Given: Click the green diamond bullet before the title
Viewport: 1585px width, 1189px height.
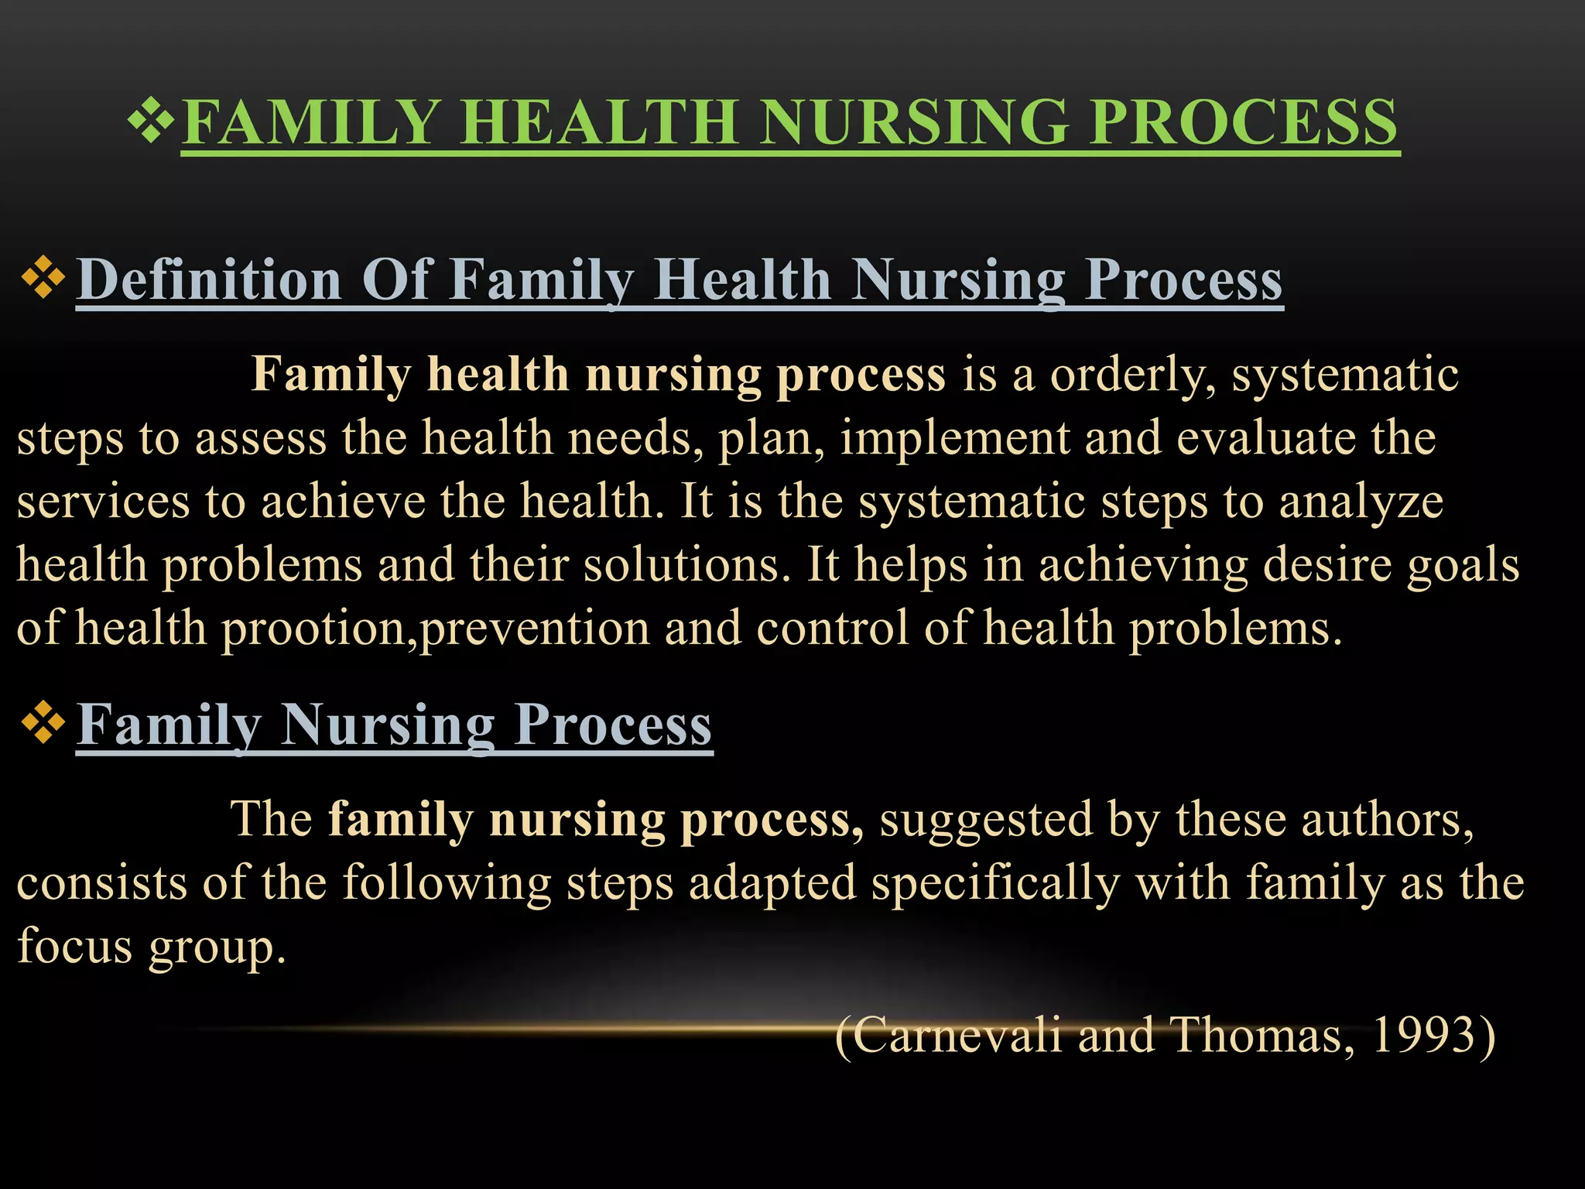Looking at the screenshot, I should tap(151, 121).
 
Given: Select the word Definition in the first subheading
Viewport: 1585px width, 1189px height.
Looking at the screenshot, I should tap(209, 279).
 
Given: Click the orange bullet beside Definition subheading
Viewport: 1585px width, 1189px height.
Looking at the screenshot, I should tap(43, 278).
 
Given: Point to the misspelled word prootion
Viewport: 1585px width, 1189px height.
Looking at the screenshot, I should tap(313, 629).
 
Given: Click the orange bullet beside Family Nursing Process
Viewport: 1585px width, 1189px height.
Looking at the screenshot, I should tap(43, 722).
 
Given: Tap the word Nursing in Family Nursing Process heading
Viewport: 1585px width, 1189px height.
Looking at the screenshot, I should tap(387, 725).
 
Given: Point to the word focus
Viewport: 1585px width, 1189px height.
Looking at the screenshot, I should tap(74, 946).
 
